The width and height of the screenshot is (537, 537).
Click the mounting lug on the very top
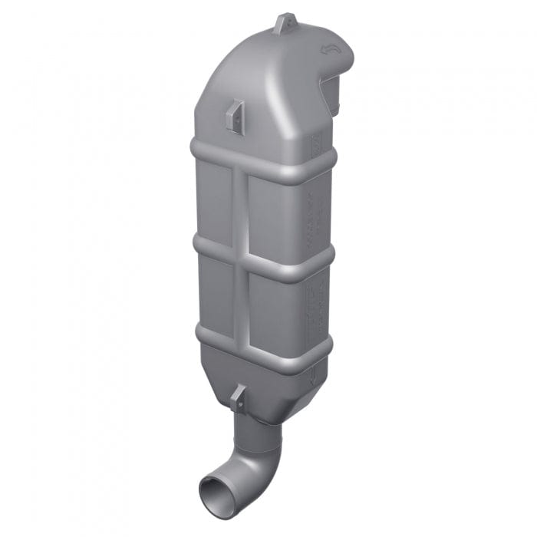tap(285, 23)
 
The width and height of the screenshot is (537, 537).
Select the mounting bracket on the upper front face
tap(236, 117)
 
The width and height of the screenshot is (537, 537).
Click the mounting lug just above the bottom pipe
tap(239, 397)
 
